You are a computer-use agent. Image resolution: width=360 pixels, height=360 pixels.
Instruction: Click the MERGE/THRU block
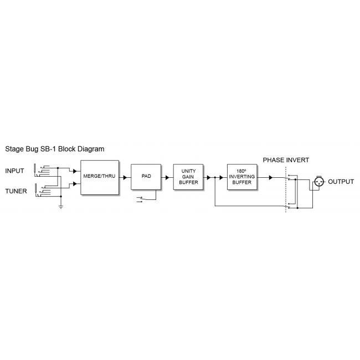point(100,177)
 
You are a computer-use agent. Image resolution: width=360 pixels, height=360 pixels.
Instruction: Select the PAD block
point(146,177)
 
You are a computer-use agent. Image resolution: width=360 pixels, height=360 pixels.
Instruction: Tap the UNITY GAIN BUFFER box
point(188,177)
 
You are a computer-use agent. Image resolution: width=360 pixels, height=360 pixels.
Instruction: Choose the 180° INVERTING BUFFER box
point(243,177)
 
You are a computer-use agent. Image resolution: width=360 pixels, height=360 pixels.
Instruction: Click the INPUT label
point(15,171)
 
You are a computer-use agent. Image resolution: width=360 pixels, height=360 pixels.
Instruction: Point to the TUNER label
point(16,191)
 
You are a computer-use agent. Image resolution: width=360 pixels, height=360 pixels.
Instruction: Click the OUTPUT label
point(341,182)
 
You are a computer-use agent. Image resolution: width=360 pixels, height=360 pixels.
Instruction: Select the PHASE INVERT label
point(286,160)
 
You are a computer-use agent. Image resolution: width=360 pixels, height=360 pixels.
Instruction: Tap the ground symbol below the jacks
point(60,207)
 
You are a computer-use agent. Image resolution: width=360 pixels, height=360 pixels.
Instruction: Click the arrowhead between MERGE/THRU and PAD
point(125,178)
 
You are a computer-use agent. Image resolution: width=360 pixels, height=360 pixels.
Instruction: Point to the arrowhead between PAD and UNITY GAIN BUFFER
point(167,178)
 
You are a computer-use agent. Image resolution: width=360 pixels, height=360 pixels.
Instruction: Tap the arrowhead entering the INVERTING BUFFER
point(221,178)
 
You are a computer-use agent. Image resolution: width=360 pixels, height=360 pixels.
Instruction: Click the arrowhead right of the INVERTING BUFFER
point(270,178)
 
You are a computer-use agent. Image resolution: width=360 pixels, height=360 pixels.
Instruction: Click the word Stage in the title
point(15,149)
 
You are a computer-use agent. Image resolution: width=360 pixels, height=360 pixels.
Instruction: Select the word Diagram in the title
point(89,149)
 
